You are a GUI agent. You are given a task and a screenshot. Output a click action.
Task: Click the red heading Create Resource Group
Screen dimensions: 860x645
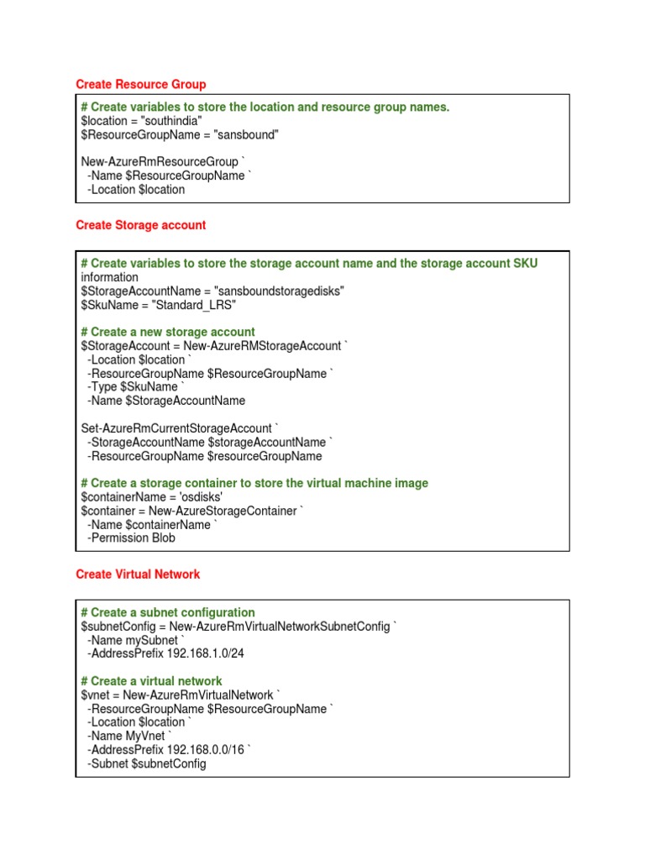pos(140,85)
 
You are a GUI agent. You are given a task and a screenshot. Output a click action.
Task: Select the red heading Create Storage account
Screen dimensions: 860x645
pos(140,225)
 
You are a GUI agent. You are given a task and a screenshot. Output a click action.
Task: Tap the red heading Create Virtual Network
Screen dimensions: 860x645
pos(138,574)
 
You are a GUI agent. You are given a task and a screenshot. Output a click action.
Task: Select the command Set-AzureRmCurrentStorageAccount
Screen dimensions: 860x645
pos(176,428)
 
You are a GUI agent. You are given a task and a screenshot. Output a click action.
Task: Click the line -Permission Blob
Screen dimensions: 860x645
pos(131,538)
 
